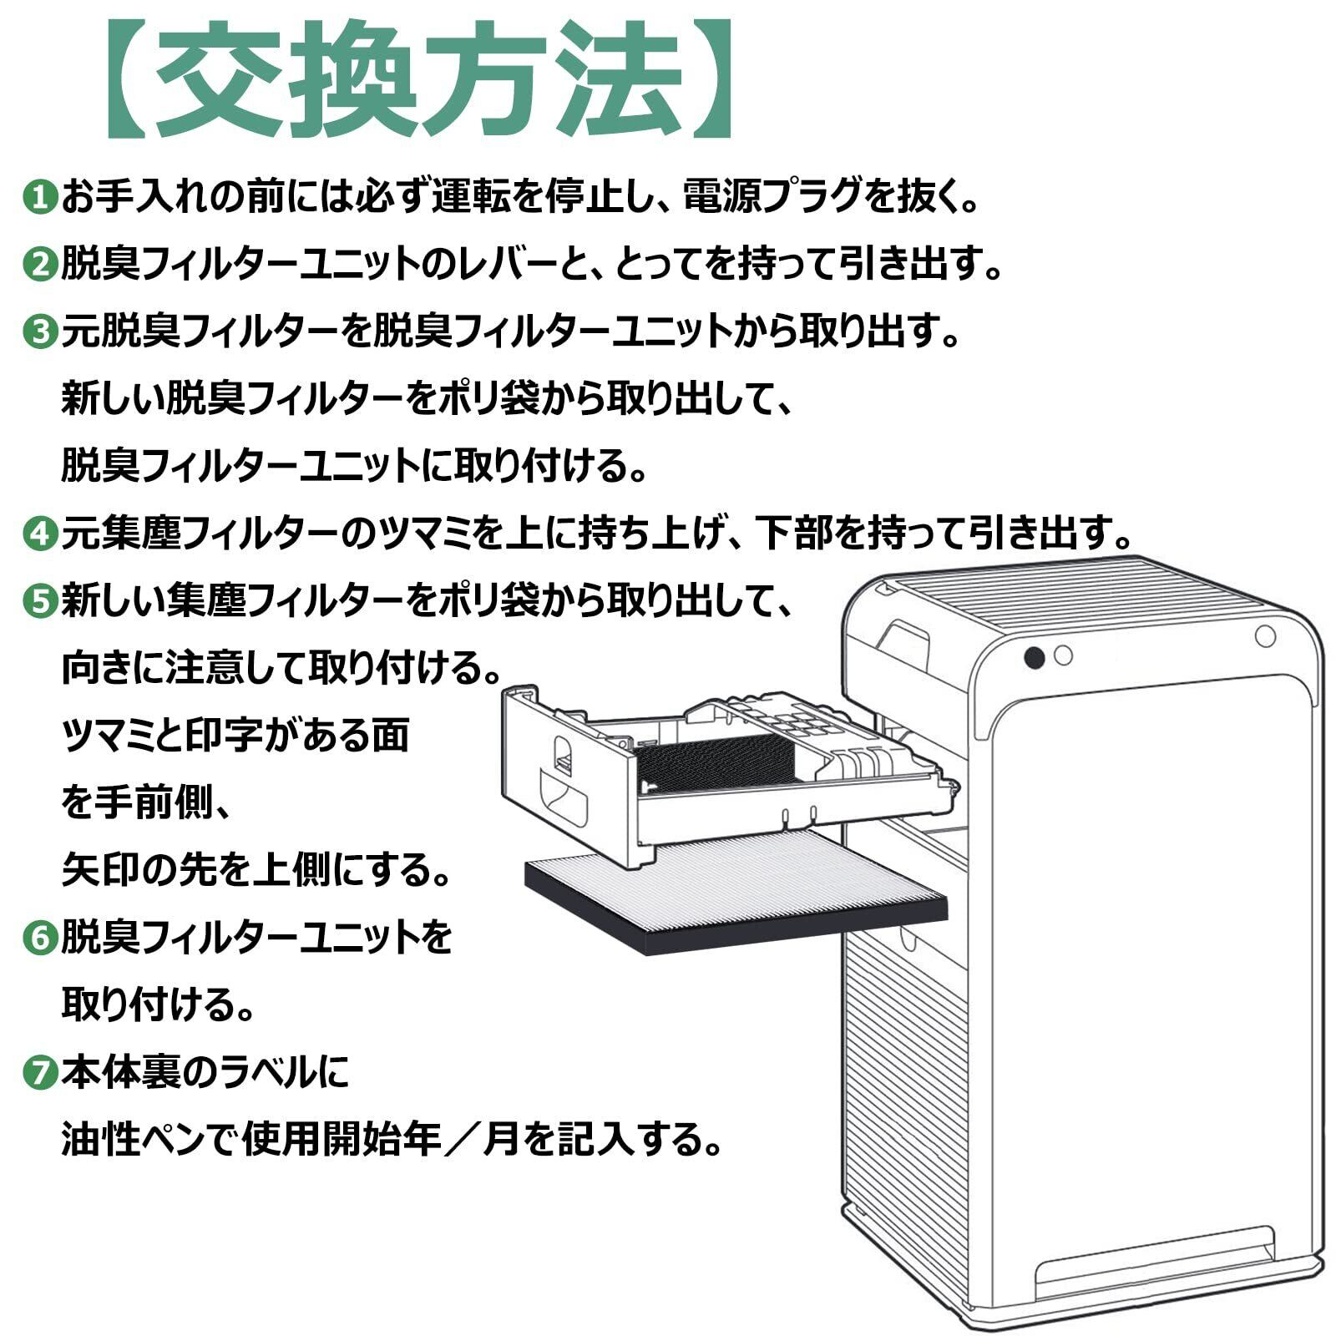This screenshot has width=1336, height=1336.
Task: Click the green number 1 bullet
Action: [x=38, y=199]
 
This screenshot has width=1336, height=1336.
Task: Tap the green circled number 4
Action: [x=38, y=534]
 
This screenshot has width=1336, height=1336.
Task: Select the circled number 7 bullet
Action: [x=38, y=1072]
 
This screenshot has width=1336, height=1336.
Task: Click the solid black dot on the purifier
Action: [x=1034, y=657]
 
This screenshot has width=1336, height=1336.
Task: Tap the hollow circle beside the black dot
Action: [x=1062, y=655]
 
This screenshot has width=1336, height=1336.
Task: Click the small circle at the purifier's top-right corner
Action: [x=1265, y=636]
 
